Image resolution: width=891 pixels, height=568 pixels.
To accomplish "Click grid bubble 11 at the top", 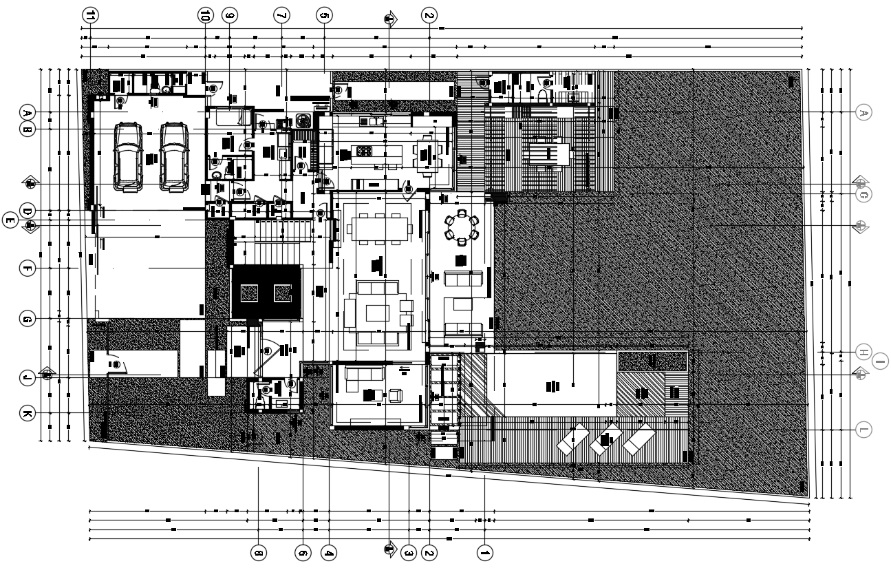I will [90, 15].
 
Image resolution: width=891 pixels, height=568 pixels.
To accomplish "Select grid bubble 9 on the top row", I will [230, 15].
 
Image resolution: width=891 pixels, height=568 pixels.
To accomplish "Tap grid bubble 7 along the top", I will [281, 15].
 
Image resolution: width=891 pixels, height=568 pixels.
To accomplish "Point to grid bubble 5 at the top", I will [324, 15].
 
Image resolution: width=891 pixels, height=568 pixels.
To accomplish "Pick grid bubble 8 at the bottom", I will [258, 552].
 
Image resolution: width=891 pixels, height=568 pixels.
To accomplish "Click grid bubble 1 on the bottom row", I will [485, 552].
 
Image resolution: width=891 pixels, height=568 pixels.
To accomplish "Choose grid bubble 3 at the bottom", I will [409, 552].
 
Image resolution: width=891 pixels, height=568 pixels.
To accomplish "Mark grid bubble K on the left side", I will [27, 413].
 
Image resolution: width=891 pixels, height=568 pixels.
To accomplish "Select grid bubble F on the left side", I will [27, 269].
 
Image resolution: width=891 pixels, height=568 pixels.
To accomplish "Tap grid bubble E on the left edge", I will [10, 220].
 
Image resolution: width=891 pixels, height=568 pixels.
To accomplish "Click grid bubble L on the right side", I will [864, 430].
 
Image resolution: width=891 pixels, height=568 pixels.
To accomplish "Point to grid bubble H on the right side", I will [864, 352].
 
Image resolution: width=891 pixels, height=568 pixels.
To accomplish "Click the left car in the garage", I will [129, 156].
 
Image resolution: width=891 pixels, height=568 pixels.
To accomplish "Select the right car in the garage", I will [173, 156].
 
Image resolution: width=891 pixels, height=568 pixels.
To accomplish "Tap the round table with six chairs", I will [461, 227].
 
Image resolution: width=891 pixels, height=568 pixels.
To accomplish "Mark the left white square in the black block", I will [248, 293].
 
